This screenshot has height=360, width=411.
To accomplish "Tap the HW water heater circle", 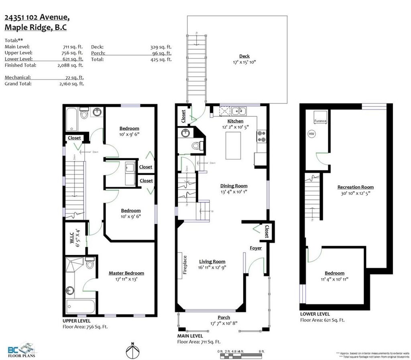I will (311, 134).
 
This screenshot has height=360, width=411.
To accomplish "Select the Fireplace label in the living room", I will (185, 265).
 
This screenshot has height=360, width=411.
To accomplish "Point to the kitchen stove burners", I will (261, 136).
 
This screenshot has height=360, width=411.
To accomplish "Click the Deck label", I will (244, 56).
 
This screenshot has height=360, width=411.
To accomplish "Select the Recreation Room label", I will (355, 187).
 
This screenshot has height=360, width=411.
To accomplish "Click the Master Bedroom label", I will (126, 273).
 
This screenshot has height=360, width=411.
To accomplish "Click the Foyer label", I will (256, 248).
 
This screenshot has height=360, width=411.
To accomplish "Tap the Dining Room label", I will (234, 186).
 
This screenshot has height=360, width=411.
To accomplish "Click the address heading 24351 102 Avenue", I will (37, 17).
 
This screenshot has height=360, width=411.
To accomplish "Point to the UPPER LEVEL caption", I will (76, 321).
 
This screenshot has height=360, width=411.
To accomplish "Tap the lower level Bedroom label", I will (334, 273).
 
